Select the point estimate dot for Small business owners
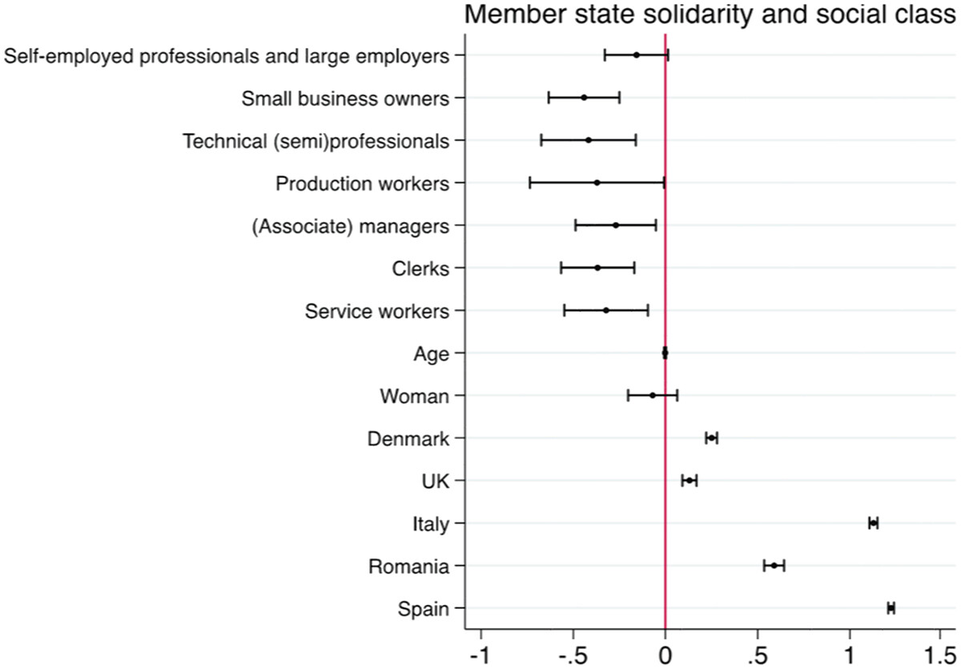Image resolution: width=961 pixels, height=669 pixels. [584, 98]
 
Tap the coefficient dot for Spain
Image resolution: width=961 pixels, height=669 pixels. [891, 609]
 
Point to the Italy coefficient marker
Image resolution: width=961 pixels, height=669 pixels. [874, 523]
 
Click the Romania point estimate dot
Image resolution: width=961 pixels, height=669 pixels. [774, 566]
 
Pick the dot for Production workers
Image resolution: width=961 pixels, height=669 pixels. [597, 183]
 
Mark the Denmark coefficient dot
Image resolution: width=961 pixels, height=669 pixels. [711, 438]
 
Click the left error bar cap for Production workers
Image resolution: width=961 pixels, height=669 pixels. [530, 183]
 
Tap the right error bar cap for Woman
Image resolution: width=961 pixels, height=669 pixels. [678, 395]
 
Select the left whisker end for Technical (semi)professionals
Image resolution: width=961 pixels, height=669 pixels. [541, 140]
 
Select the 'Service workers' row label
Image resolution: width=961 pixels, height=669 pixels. [377, 310]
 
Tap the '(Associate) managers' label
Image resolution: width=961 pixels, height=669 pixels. [350, 225]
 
